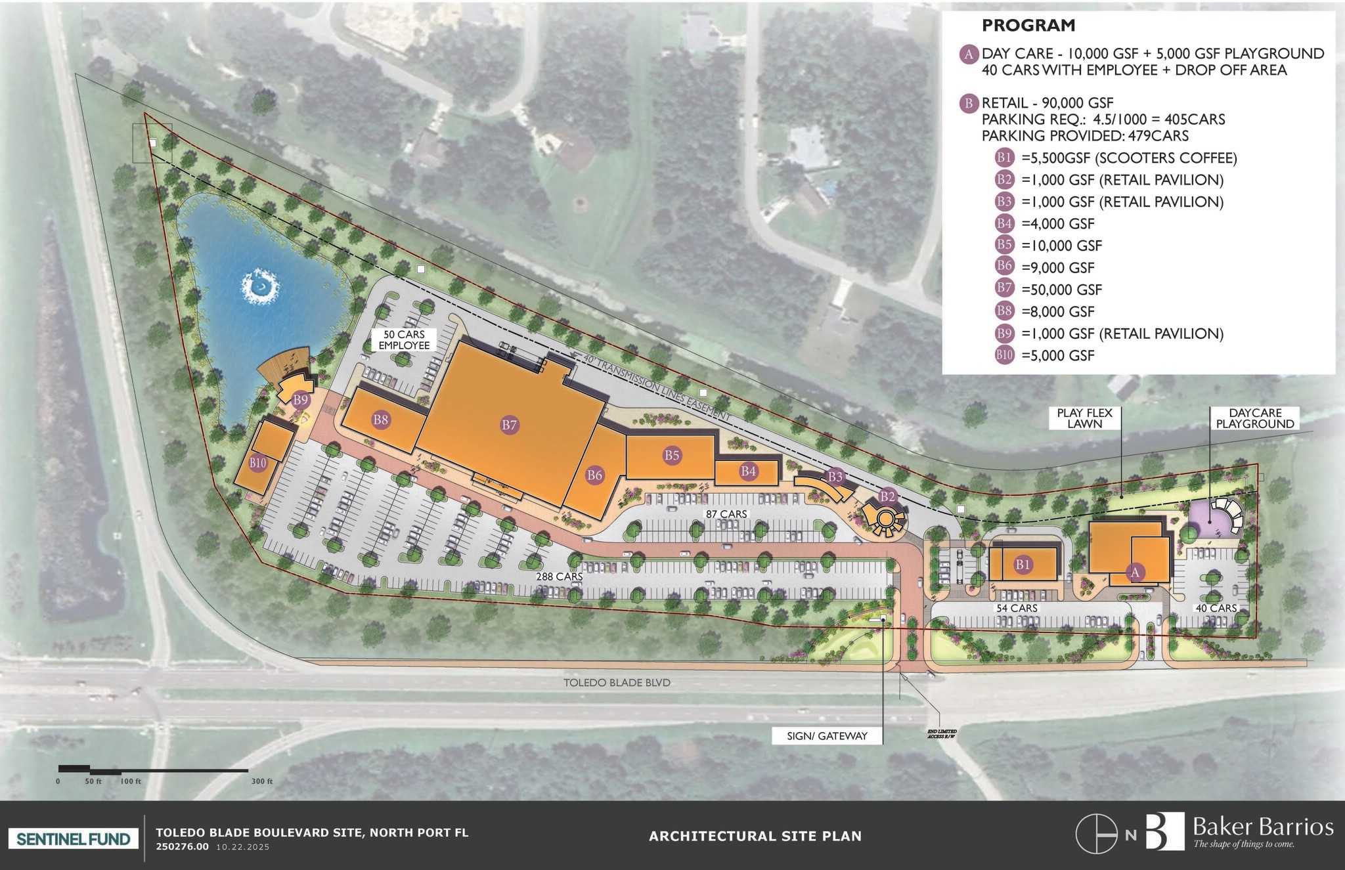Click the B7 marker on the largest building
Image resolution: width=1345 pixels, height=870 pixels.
510,425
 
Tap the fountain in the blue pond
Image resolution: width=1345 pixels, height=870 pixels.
260,287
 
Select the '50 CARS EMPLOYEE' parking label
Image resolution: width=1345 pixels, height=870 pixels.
404,339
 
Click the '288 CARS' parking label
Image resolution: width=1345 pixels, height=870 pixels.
560,576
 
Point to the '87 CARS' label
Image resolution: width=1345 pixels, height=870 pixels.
726,514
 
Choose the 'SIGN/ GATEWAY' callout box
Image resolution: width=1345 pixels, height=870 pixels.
827,736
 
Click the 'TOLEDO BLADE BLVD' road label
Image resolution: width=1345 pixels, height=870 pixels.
617,683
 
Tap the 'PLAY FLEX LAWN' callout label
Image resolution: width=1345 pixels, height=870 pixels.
1084,418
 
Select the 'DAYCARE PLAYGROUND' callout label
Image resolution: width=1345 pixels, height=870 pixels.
1254,418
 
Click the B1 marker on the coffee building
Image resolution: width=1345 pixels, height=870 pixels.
1023,564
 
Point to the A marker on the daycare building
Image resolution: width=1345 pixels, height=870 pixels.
1135,573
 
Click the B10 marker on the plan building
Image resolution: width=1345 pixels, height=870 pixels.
258,463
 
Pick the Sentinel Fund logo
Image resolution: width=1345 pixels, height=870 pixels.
73,838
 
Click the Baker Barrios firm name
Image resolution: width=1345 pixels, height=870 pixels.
1262,827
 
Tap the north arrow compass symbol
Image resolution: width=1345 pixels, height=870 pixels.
1096,835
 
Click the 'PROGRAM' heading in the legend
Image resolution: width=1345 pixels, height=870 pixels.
1028,26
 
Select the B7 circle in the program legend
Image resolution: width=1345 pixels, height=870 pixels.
1004,290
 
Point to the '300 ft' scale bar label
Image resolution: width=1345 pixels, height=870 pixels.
261,781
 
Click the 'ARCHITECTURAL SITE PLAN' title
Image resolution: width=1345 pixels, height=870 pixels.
755,836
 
